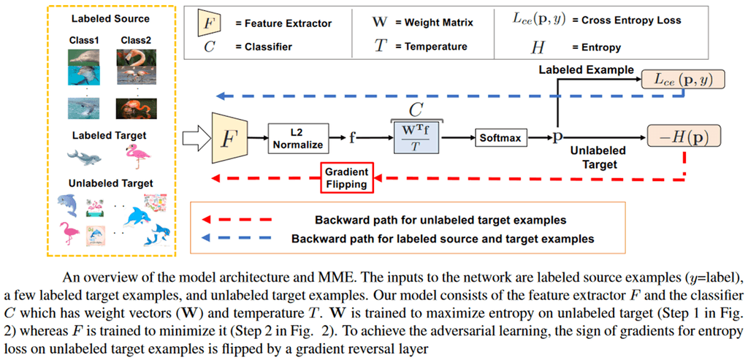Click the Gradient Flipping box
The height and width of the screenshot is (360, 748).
click(x=348, y=178)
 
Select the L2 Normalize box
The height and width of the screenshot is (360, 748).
click(x=295, y=137)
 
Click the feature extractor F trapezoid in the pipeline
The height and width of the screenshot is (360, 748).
click(x=229, y=137)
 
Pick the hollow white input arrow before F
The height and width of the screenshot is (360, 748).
click(x=197, y=137)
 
